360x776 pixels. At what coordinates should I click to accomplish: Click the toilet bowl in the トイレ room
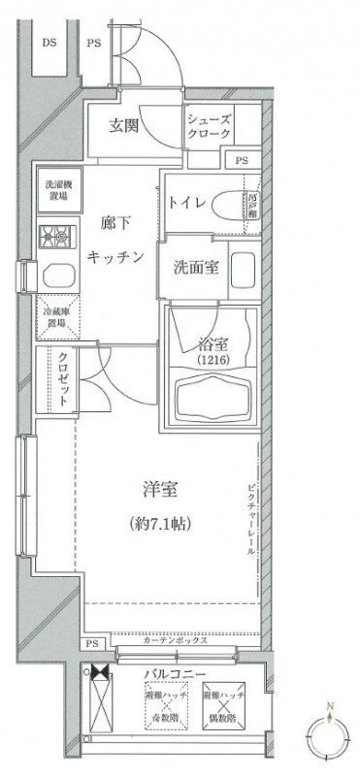[x=227, y=205]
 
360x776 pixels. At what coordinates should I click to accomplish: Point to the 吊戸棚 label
[x=250, y=205]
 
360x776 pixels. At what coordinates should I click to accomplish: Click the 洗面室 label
[x=195, y=268]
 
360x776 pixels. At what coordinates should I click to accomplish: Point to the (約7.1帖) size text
[x=159, y=525]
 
